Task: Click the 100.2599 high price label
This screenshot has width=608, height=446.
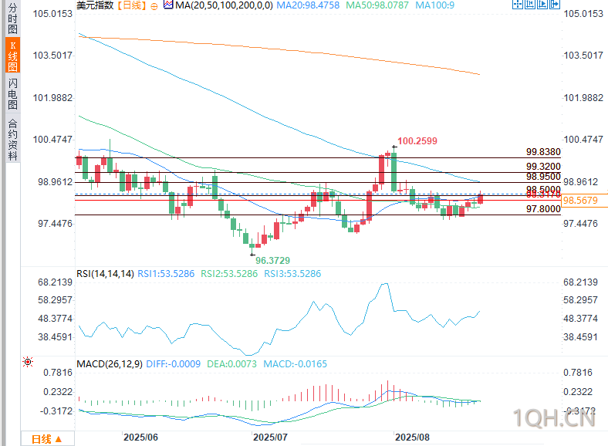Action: (x=417, y=141)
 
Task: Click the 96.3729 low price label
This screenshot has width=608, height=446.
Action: (x=273, y=261)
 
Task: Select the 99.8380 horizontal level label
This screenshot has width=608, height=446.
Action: (x=543, y=153)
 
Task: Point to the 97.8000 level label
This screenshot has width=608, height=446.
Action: (x=543, y=209)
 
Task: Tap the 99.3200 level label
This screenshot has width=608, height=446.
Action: (x=543, y=167)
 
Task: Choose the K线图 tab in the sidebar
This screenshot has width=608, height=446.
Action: (x=12, y=52)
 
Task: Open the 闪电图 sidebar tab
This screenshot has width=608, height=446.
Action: (x=12, y=93)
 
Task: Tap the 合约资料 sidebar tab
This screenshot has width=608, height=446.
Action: (x=12, y=139)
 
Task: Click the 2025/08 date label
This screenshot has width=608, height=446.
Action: (x=412, y=438)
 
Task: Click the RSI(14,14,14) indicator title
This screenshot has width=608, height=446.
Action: (x=105, y=274)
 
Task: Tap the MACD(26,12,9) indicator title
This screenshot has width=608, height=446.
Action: (x=109, y=363)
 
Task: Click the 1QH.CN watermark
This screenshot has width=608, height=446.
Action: (x=554, y=420)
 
